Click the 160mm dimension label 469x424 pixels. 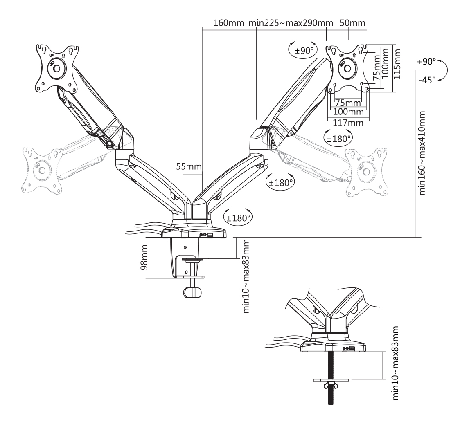(x=229, y=23)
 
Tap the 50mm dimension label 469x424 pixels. (x=353, y=23)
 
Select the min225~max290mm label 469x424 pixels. (x=291, y=23)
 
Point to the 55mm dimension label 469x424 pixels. (x=189, y=166)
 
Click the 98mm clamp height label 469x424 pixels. (x=144, y=257)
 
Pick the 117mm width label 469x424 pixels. (x=348, y=123)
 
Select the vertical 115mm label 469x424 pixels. (x=397, y=64)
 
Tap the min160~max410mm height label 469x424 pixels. (x=422, y=153)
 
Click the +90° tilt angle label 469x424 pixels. (x=426, y=62)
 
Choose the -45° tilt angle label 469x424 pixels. (x=427, y=80)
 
